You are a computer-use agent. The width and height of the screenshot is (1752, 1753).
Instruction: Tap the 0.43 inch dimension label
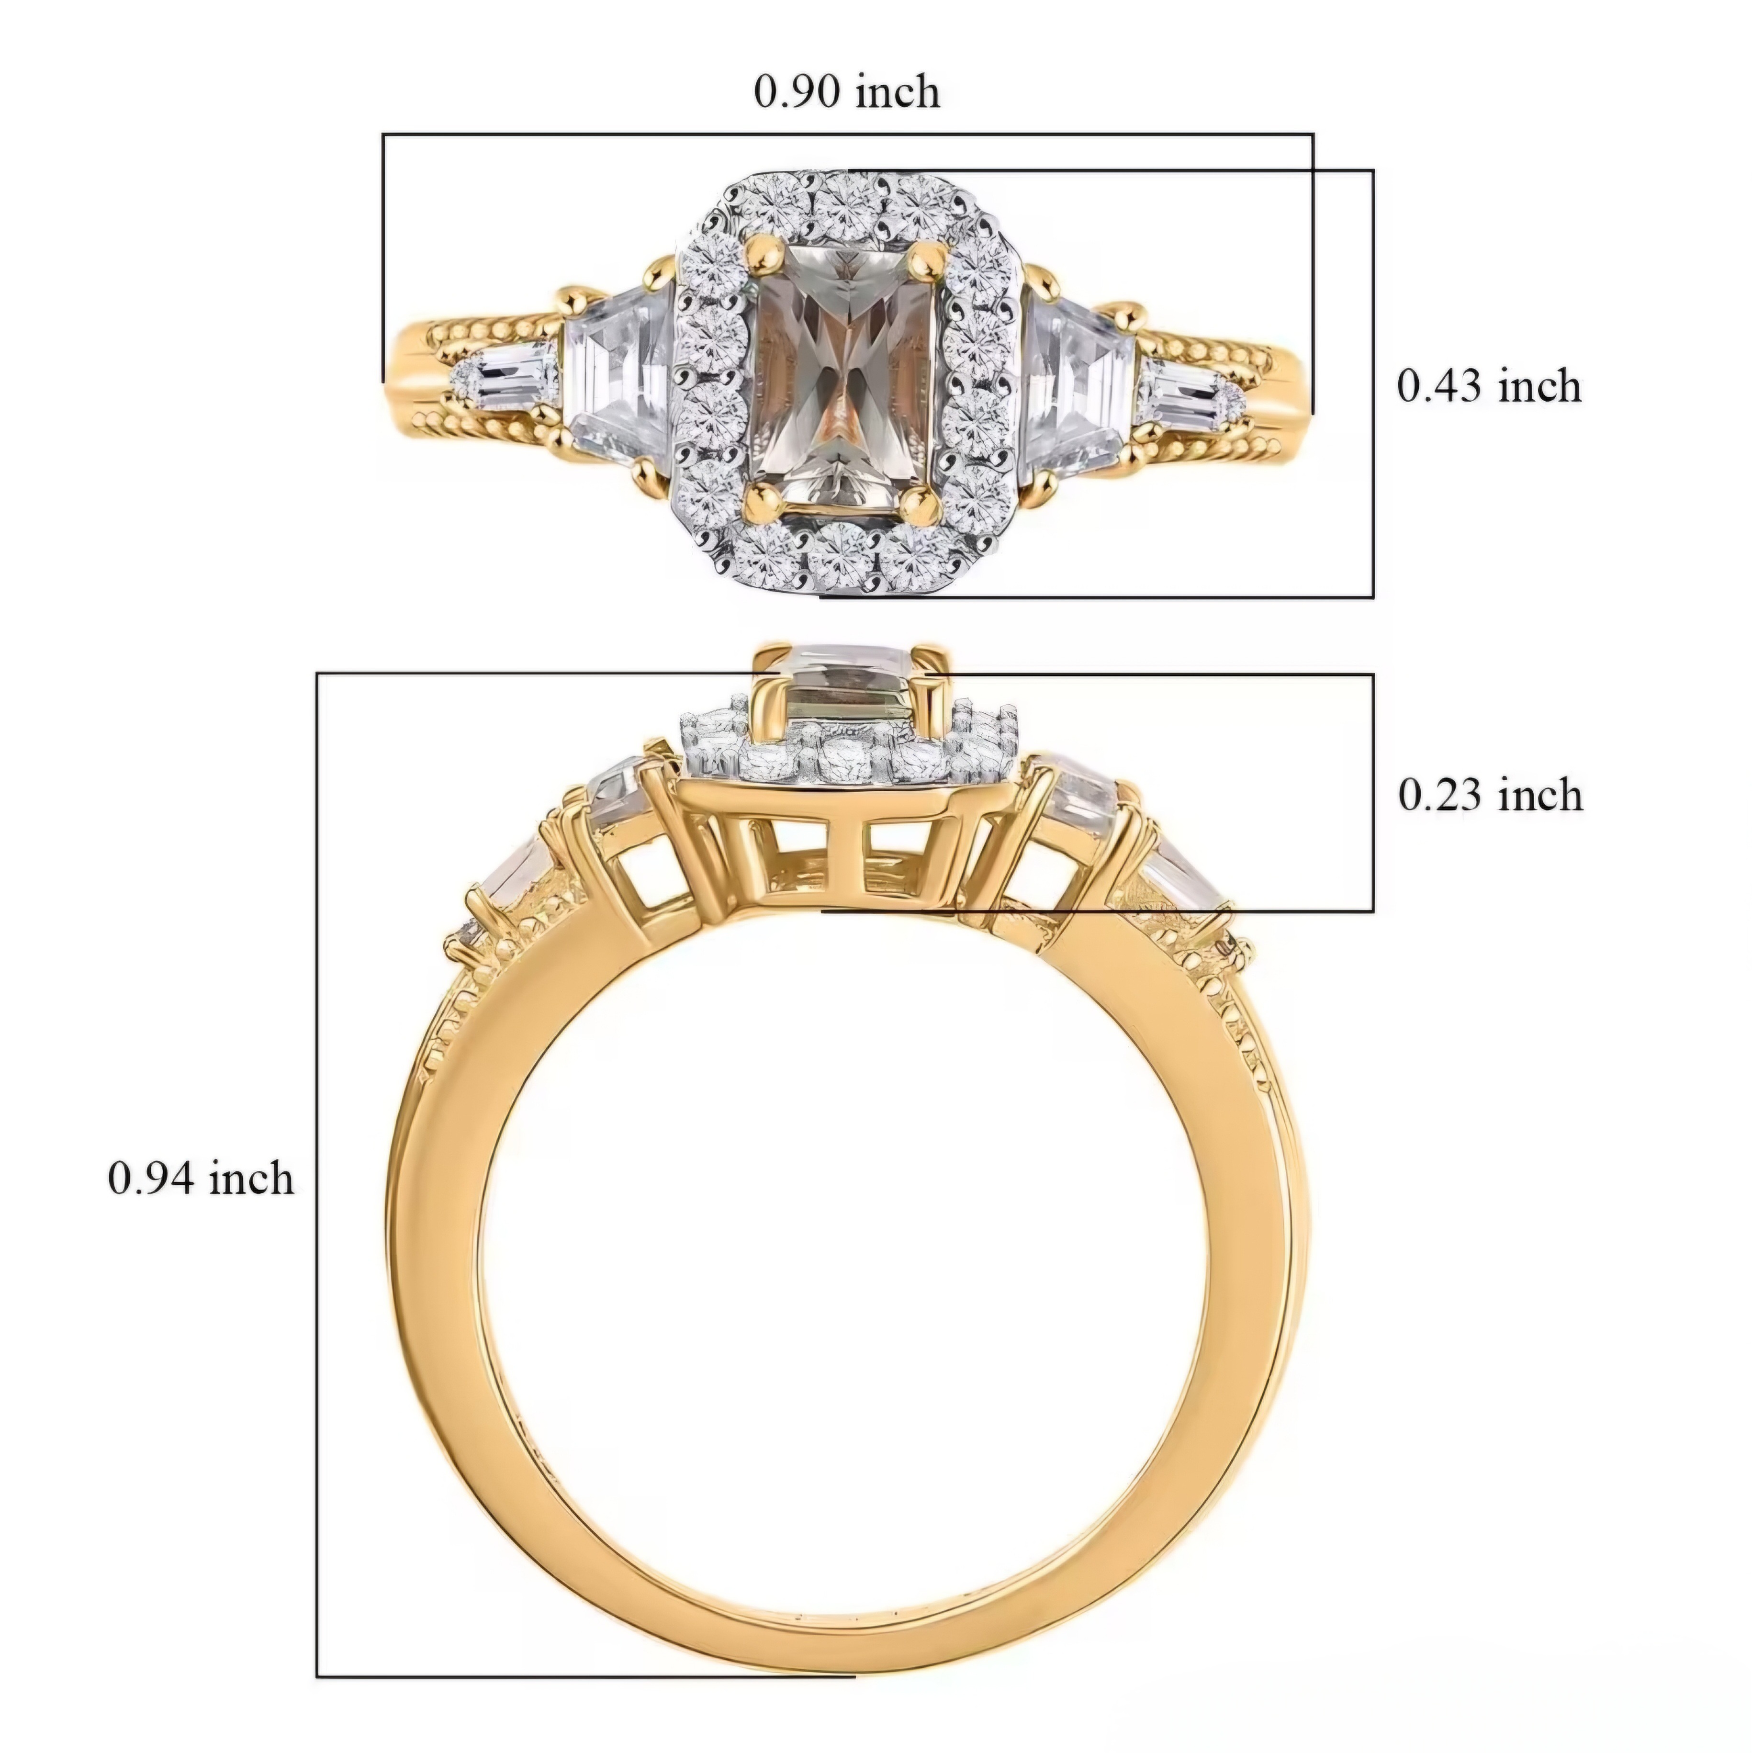[1489, 386]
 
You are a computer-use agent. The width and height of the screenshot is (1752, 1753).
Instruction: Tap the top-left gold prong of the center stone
[763, 255]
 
